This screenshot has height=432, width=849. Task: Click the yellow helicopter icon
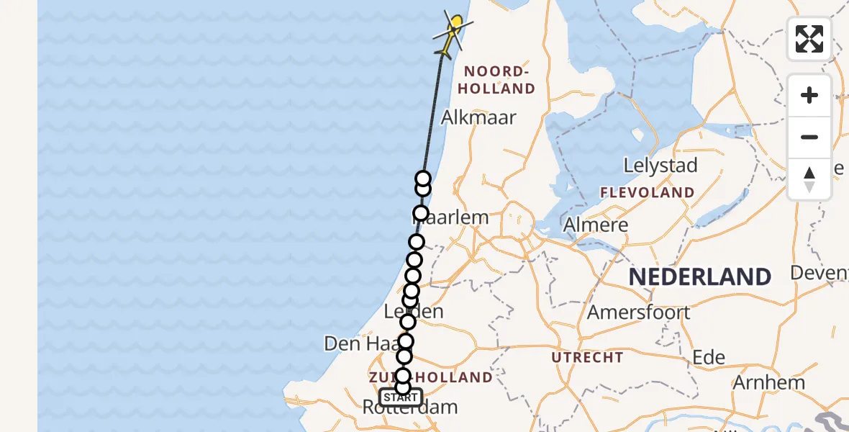pos(451,33)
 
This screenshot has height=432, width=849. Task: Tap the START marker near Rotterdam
pos(401,397)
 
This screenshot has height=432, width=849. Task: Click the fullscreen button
pos(809,39)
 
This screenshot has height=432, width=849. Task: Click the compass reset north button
pos(809,179)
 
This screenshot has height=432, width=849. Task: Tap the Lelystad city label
pos(660,166)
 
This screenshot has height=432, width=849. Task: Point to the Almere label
pos(596,225)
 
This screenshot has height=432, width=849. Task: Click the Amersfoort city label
pos(639,312)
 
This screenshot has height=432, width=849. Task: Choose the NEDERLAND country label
pos(700,276)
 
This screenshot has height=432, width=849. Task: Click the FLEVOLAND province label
pos(648,193)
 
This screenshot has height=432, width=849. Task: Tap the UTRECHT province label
pos(588,357)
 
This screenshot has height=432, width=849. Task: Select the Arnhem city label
pos(768,382)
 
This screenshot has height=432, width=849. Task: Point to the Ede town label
pos(708,358)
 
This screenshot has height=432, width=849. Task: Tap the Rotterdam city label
pos(409,408)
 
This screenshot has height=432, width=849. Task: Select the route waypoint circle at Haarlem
pos(421,214)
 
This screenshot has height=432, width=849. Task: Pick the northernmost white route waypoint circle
pos(423,179)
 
